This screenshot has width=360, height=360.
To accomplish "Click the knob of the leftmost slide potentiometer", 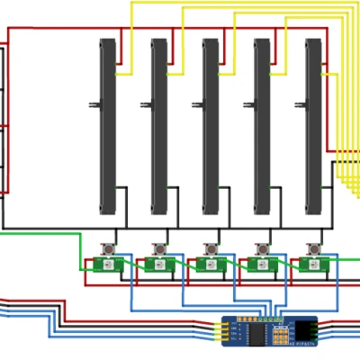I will point(94,105).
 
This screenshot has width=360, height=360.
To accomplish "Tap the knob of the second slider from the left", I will point(146,105).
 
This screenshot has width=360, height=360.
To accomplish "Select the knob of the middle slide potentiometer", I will point(197,105).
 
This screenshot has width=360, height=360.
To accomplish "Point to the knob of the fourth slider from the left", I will point(249,105).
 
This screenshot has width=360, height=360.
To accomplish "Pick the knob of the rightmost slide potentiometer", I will point(301,105).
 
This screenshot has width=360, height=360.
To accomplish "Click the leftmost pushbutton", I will point(108,247).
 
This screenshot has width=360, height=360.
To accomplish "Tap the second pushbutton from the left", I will point(160,247).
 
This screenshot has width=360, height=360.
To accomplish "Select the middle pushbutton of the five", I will point(211,247).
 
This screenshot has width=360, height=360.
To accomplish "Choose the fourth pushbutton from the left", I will point(264,247).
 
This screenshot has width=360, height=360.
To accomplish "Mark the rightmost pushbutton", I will point(315,247).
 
